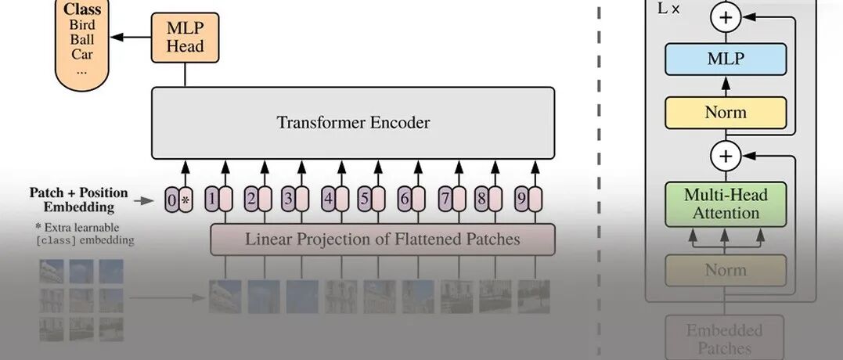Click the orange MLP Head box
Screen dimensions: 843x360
point(185,36)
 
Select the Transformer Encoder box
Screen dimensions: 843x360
point(353,123)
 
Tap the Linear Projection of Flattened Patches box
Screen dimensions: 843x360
point(382,239)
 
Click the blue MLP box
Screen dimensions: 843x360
point(725,59)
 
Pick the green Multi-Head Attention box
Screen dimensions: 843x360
point(725,203)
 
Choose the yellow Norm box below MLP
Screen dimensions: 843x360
point(725,113)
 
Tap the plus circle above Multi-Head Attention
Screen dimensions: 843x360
point(726,157)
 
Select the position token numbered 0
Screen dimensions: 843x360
point(172,200)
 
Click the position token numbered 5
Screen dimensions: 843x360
point(365,200)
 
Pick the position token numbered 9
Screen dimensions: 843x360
point(521,200)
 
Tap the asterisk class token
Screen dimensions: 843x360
point(186,200)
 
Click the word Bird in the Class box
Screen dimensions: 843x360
point(81,24)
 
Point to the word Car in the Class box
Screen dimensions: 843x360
point(81,54)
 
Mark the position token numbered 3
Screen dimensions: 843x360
point(288,200)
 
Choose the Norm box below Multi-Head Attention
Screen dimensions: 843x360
point(725,270)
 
